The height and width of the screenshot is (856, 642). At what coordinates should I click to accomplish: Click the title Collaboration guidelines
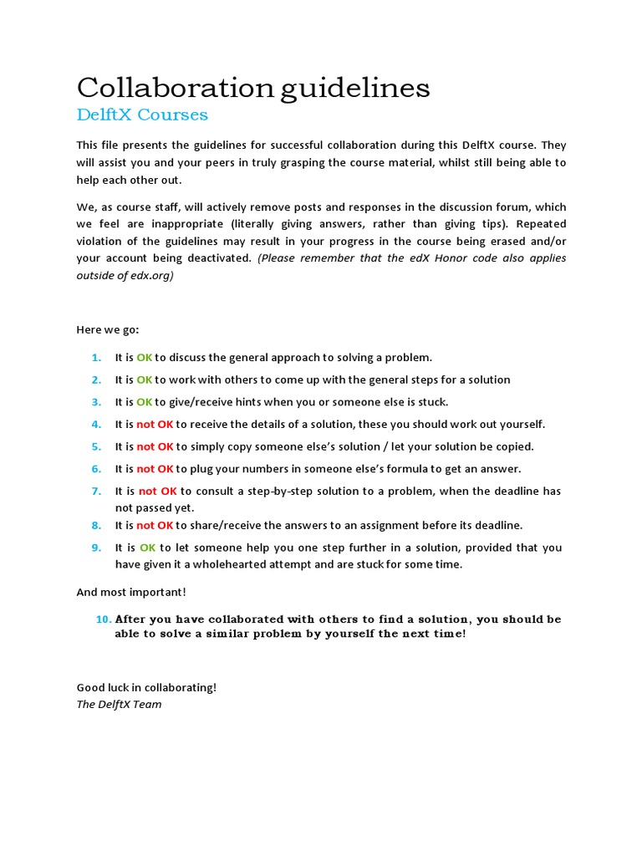click(253, 87)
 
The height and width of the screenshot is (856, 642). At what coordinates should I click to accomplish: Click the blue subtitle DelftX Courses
click(142, 115)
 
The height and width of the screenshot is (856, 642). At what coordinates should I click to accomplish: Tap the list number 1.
click(96, 357)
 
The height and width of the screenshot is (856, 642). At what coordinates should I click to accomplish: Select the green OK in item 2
click(145, 380)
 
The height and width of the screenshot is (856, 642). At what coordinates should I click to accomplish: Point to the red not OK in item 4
click(155, 424)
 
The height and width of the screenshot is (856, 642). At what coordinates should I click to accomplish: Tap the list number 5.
click(96, 446)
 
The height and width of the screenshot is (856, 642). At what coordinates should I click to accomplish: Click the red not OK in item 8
click(155, 525)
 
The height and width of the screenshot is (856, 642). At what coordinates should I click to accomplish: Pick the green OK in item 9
click(148, 548)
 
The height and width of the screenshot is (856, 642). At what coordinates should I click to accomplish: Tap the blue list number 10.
click(103, 619)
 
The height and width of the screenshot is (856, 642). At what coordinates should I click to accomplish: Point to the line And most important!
click(131, 592)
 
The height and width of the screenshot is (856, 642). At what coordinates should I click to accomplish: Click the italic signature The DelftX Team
click(119, 704)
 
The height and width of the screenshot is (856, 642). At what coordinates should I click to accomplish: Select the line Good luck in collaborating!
click(146, 687)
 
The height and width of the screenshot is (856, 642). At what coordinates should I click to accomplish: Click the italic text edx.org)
click(153, 275)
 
